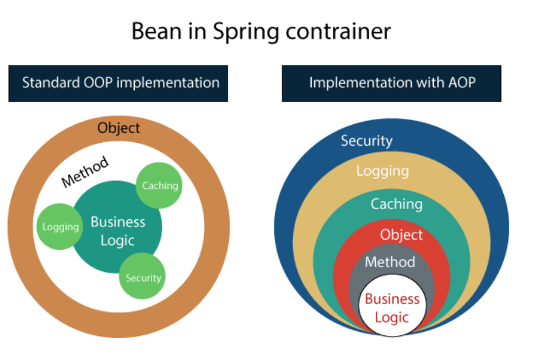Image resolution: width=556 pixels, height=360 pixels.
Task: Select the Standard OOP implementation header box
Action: point(118,83)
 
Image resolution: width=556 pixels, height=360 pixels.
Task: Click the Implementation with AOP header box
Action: point(391,83)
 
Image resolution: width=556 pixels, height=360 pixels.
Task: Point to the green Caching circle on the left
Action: point(160,185)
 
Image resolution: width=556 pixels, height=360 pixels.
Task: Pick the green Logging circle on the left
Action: point(60,226)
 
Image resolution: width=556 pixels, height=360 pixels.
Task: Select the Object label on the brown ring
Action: point(119,128)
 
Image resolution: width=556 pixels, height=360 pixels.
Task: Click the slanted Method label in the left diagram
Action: point(85,172)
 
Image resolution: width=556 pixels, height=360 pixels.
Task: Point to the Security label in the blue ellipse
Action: point(366,141)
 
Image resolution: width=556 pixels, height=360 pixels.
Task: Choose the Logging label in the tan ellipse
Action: point(382,170)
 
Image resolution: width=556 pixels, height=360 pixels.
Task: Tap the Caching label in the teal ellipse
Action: point(396,204)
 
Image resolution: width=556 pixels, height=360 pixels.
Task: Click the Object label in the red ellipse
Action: point(401,234)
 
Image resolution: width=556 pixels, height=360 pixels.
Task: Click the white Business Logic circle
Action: point(392,307)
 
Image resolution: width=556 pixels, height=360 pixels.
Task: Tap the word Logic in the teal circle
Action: point(117,240)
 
